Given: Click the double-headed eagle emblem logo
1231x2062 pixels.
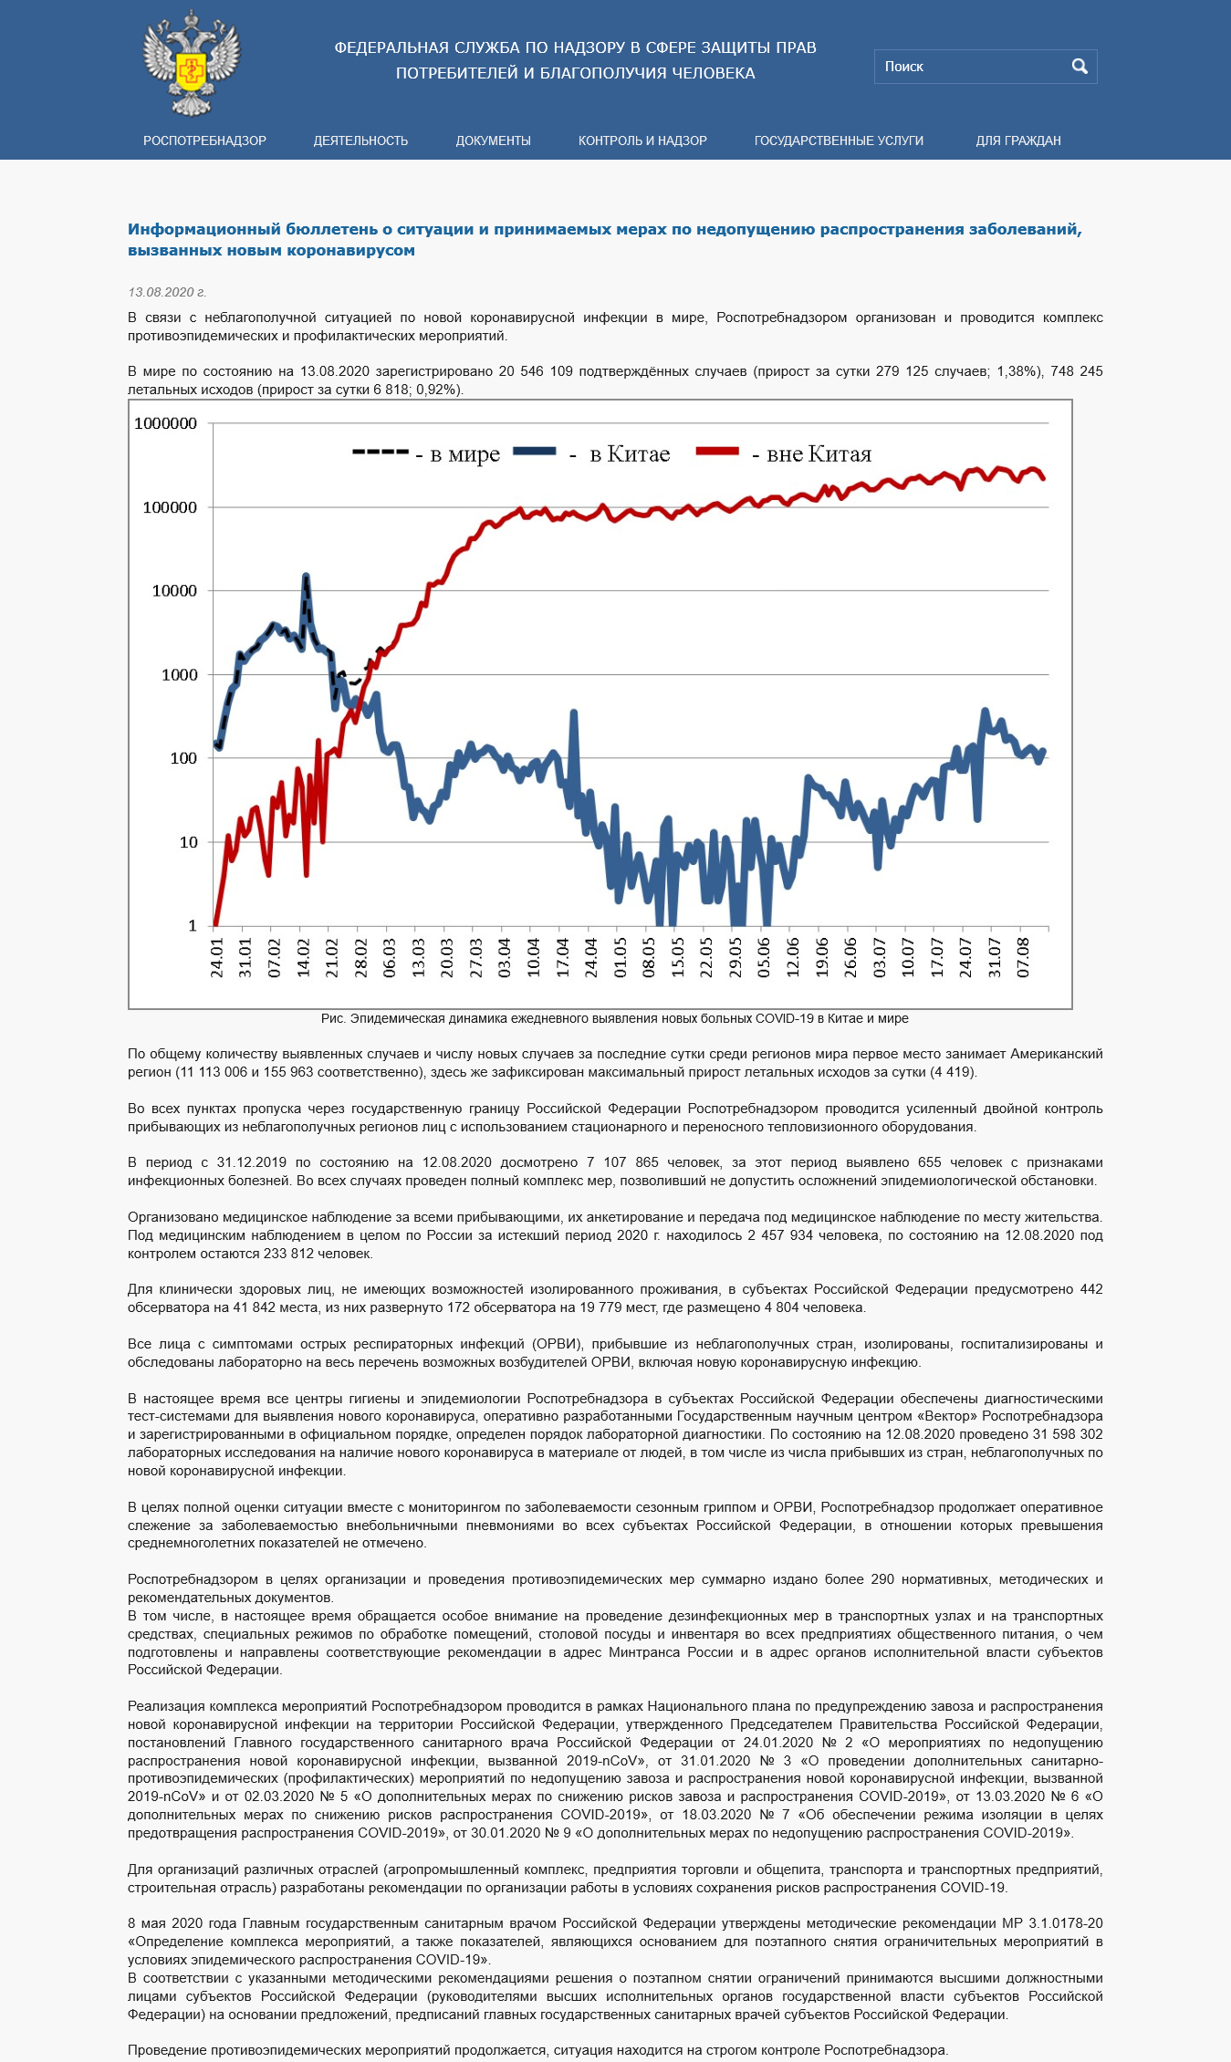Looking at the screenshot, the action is [x=192, y=63].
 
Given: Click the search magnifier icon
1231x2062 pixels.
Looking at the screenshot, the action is [x=1080, y=67].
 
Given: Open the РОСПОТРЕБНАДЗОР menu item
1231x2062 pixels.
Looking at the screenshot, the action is [x=204, y=141].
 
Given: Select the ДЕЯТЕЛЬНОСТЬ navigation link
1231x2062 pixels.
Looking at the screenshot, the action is [x=360, y=141].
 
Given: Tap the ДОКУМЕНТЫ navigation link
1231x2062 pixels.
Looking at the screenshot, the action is [x=493, y=141].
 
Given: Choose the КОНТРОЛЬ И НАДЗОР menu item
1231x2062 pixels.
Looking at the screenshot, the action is [x=642, y=141].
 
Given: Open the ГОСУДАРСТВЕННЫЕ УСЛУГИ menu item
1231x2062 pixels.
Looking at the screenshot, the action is [x=839, y=141].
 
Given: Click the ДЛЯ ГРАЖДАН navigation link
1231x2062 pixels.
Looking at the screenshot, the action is [x=1018, y=141].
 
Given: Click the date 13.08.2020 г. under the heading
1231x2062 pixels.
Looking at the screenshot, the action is [x=167, y=292].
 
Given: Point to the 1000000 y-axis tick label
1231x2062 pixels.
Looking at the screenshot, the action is [x=165, y=423].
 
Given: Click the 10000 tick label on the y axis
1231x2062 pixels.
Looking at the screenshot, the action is [x=174, y=591].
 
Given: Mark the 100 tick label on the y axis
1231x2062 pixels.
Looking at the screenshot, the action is [x=183, y=758].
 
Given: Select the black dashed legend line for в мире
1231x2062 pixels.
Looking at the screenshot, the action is [x=380, y=452].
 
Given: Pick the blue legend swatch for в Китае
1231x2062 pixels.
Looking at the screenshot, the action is [x=535, y=451].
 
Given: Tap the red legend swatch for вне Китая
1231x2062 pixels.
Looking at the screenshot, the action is [x=717, y=451].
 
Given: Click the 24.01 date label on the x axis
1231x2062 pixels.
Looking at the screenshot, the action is [x=217, y=958].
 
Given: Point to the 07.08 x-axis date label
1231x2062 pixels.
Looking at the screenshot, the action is [x=1023, y=958].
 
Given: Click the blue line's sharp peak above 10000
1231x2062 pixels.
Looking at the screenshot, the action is [x=306, y=576].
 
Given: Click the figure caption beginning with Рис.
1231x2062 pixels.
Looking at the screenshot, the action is [x=615, y=1018].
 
